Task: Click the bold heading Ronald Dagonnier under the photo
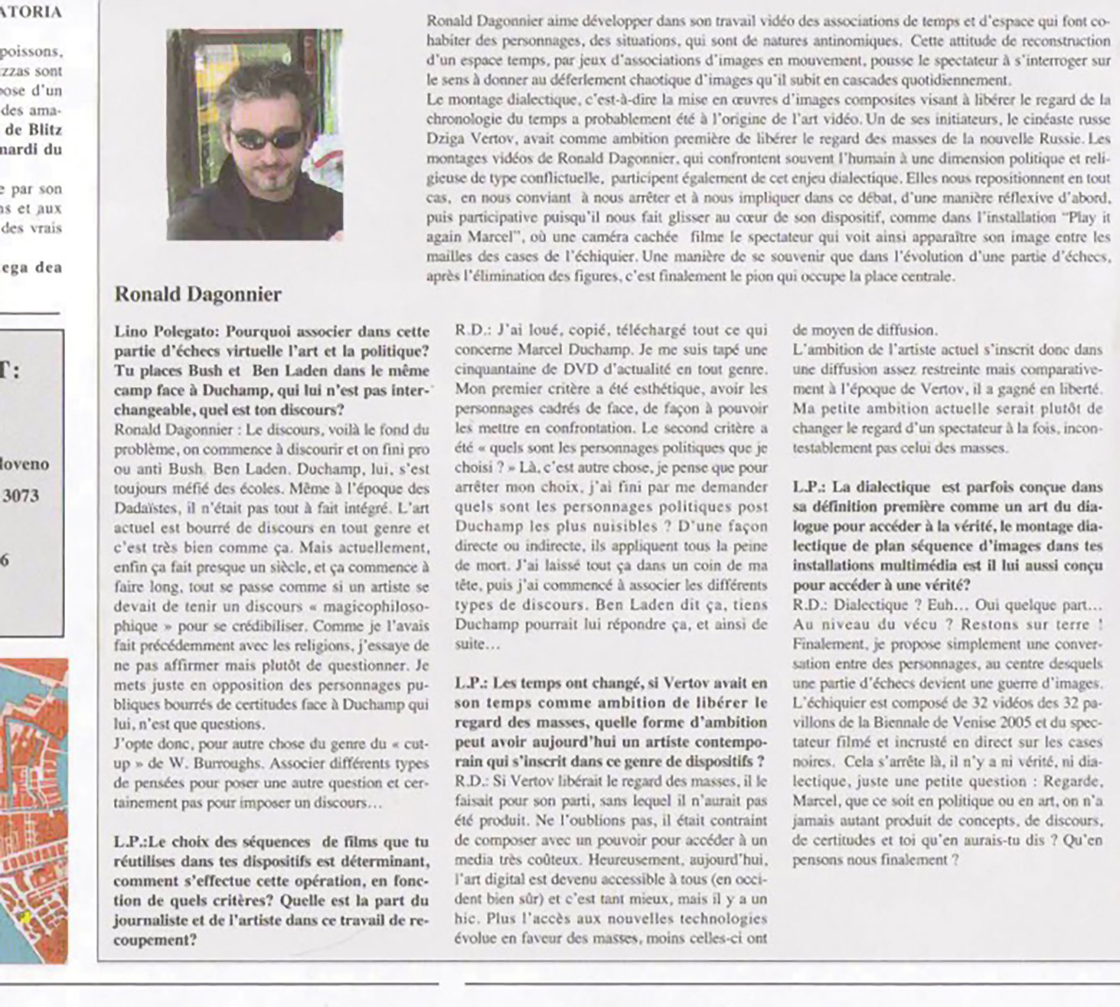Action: (198, 295)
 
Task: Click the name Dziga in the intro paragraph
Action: (446, 139)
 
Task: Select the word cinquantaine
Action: (494, 370)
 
